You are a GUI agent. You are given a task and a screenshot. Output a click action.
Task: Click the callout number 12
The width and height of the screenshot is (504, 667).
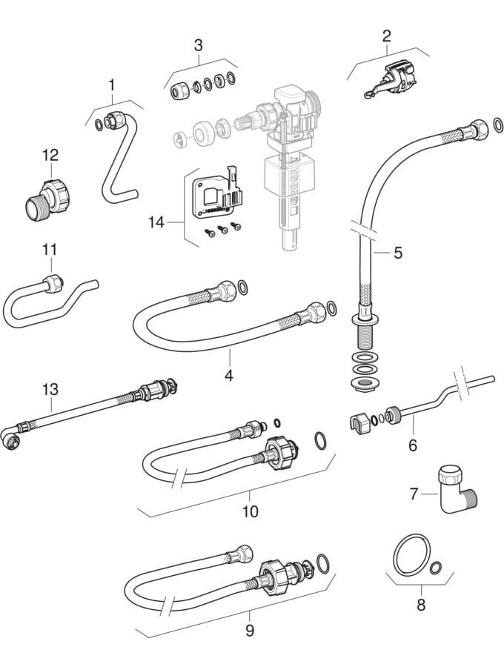coord(50,156)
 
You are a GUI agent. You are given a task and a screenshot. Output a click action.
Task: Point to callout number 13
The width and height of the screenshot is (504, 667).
coord(50,388)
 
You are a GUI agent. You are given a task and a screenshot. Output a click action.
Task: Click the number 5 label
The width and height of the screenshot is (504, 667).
coord(398,253)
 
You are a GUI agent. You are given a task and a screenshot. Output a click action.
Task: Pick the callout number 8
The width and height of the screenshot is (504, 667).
coord(421,604)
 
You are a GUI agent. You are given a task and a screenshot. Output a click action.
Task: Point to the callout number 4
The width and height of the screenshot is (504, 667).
coord(229,376)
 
